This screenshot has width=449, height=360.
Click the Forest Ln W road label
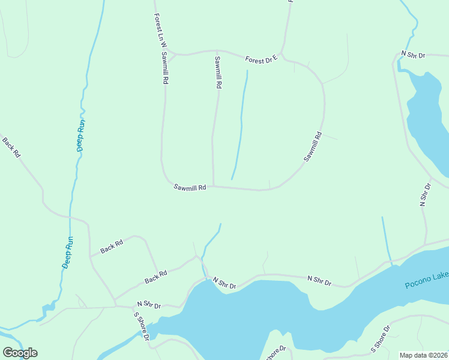tap(159, 31)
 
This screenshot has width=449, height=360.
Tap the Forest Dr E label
tap(261, 59)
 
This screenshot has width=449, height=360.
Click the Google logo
tap(20, 353)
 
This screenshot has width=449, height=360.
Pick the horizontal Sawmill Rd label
tap(190, 187)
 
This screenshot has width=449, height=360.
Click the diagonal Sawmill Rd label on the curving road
tap(313, 147)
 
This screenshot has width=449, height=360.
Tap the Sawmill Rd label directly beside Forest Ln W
tap(164, 67)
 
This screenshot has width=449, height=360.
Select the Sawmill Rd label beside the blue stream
tap(217, 73)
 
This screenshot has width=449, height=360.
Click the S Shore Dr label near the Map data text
tap(380, 338)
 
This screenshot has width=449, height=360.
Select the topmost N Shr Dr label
tap(413, 55)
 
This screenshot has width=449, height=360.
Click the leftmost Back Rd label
tap(11, 148)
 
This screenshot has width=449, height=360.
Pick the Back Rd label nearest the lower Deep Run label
tap(111, 245)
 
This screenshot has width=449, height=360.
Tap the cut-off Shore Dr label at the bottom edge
tap(276, 353)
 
